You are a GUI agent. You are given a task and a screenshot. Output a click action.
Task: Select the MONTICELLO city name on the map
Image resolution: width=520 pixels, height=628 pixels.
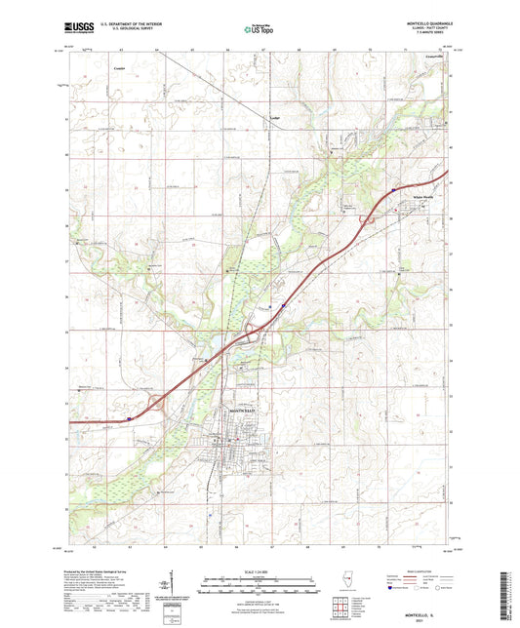pos(244,411)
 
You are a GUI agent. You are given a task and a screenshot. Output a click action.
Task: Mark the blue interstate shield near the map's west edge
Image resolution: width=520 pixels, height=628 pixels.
pos(128,419)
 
